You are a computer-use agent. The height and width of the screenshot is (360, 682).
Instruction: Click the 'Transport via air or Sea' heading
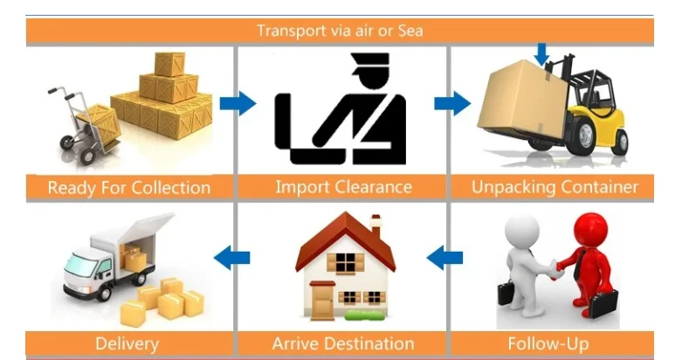(x=341, y=31)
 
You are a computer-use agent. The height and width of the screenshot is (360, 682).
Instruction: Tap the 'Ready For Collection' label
(x=129, y=187)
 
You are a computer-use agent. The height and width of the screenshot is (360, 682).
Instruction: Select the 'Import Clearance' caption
(x=343, y=187)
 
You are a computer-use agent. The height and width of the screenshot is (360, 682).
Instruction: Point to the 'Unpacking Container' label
(x=555, y=187)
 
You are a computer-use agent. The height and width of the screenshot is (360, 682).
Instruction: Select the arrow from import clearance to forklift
(x=451, y=104)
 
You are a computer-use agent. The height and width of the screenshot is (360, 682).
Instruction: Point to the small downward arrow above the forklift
(x=542, y=54)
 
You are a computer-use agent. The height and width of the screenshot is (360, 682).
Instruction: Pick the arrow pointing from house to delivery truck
(x=232, y=257)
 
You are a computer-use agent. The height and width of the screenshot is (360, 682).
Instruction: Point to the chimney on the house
(x=375, y=224)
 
